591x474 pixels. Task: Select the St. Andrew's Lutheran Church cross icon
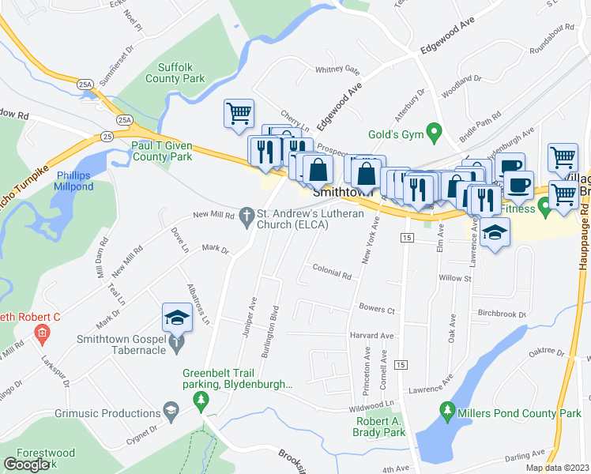point(247,215)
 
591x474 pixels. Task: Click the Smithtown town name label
point(342,192)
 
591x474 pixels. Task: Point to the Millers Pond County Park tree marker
point(448,412)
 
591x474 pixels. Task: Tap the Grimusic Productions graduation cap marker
point(170,411)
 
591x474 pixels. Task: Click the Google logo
point(26,465)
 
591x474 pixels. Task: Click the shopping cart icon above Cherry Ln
point(239,112)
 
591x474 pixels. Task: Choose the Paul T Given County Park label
point(161,152)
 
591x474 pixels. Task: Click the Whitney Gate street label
point(337,70)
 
